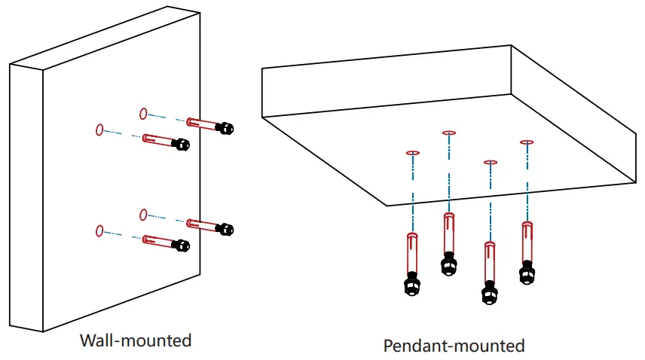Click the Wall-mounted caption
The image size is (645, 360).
[136, 340]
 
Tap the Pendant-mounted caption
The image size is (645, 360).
[454, 346]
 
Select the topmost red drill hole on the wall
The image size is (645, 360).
[143, 114]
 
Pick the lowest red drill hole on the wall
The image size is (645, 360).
[99, 231]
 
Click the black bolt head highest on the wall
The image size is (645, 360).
[225, 128]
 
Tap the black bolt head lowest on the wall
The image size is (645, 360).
[181, 246]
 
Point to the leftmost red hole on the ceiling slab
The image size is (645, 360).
[413, 153]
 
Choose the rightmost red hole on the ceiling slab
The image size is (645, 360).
[527, 142]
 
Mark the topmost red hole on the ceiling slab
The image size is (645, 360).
[449, 133]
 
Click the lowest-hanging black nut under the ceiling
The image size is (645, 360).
[490, 293]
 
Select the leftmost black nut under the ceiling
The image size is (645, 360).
[412, 284]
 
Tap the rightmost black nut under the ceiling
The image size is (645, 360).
[527, 273]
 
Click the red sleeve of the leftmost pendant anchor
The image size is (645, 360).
[412, 253]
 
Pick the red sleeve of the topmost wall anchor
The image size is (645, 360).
[202, 124]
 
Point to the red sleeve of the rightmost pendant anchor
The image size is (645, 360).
[527, 242]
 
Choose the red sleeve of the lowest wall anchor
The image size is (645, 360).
[158, 241]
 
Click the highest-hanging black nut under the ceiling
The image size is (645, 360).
[449, 264]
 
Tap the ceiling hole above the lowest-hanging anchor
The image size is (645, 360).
[491, 163]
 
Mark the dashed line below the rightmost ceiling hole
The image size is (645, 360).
[527, 183]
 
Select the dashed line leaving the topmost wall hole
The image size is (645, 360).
[167, 117]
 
